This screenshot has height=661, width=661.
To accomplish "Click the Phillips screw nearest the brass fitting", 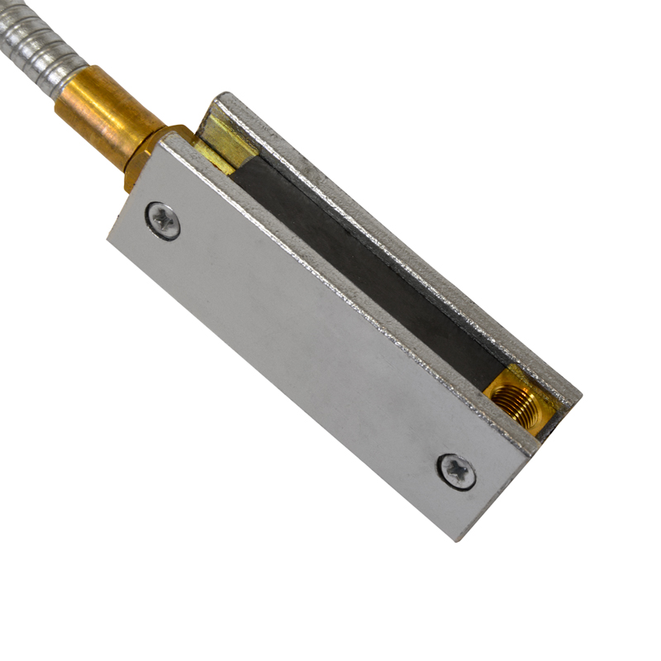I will [x=164, y=221].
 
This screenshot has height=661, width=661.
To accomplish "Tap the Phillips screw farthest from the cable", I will [x=457, y=471].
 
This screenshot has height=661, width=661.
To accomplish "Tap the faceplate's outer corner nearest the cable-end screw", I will [x=110, y=237].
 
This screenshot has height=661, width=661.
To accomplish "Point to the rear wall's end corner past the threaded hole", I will [x=578, y=397].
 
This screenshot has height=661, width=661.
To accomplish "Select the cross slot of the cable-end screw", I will [x=164, y=221].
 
